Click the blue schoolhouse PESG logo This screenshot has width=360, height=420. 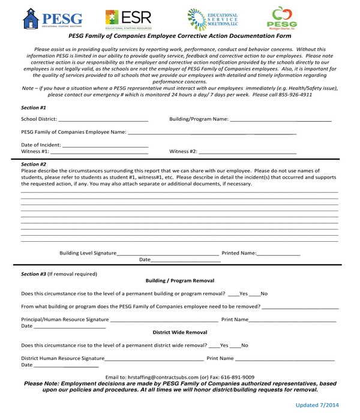(x=52, y=19)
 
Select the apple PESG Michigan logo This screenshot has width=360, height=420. (x=281, y=18)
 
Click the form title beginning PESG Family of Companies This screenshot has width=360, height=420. (x=179, y=36)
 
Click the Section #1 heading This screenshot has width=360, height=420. (x=34, y=107)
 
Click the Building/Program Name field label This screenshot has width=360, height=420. (x=199, y=119)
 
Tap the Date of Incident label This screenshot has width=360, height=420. (x=41, y=145)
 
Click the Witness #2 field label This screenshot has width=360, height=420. (x=184, y=152)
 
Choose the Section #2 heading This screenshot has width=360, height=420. (x=34, y=164)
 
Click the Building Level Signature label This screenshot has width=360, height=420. (x=88, y=253)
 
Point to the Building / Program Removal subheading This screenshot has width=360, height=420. (x=179, y=281)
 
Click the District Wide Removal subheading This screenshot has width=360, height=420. (x=179, y=332)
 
